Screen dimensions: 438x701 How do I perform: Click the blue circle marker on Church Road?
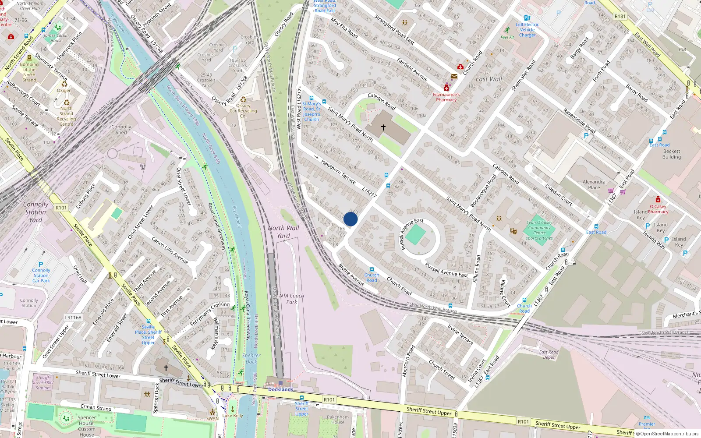point(350,219)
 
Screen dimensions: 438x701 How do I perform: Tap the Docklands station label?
point(280,389)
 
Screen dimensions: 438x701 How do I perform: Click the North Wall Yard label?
point(283,232)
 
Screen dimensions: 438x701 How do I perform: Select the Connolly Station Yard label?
point(35,212)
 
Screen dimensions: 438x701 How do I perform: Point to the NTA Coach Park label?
point(291,299)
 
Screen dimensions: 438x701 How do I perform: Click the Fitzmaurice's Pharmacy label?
point(446,97)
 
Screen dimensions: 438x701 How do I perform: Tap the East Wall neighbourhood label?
point(489,79)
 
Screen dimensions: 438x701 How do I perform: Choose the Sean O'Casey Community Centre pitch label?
point(539,230)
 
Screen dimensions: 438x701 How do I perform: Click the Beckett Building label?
point(671,154)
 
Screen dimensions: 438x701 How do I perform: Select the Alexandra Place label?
point(594,184)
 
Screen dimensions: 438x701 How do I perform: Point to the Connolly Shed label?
point(121,130)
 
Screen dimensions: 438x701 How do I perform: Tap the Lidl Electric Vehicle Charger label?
point(527,30)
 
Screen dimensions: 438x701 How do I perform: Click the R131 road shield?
point(620,17)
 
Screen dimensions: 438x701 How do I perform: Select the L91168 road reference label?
point(73,318)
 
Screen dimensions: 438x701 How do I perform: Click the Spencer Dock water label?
point(251,359)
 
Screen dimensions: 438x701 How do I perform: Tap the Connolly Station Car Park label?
point(41,276)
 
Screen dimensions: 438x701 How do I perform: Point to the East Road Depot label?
point(549,354)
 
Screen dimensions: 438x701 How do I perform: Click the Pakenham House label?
point(338,420)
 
